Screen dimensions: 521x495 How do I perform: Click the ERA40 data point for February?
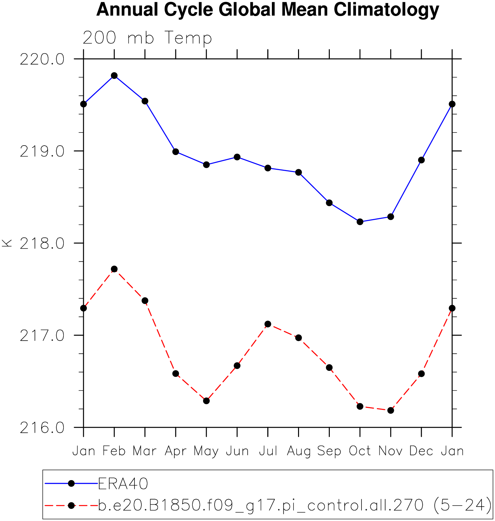point(114,76)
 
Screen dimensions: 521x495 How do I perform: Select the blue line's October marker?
point(360,222)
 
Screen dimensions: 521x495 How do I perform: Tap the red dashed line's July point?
point(268,324)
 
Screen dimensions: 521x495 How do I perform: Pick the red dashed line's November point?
point(391,410)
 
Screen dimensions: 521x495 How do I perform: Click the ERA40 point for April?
point(176,152)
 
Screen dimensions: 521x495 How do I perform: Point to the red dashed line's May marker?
point(206,401)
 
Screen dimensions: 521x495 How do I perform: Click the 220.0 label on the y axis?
point(42,60)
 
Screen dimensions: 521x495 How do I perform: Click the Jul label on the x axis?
point(268,451)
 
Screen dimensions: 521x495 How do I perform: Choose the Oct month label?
point(360,451)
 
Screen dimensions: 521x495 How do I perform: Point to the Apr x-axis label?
point(176,451)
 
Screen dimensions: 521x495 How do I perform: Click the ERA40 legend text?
point(123,484)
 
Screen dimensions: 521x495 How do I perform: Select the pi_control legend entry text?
point(294,505)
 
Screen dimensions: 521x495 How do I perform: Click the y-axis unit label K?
point(7,243)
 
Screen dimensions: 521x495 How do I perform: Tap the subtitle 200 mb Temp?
point(147,38)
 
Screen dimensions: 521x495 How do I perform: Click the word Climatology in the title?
point(386,9)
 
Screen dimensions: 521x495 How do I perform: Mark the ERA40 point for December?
point(421,160)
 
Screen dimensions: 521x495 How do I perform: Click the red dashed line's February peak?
point(114,269)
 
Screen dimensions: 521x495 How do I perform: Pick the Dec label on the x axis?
point(421,451)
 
